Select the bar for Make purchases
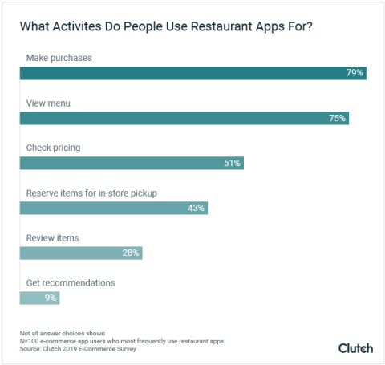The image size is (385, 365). point(192,73)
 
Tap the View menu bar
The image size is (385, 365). point(184,118)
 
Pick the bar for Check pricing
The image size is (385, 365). point(131,163)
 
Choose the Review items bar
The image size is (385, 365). point(81,253)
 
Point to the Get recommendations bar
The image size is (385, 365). point(39,298)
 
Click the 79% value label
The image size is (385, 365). point(355,73)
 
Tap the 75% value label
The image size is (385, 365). point(337,118)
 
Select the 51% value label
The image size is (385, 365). point(232,163)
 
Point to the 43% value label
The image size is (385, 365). point(197,208)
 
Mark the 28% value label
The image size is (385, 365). point(131,253)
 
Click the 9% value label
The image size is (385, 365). point(50,298)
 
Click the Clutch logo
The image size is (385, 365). point(355,347)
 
